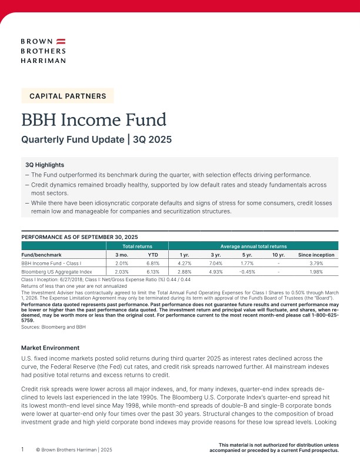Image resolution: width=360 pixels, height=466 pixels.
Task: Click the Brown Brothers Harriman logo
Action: click(x=43, y=51)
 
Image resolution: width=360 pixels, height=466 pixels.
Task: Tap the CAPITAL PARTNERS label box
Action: click(x=68, y=96)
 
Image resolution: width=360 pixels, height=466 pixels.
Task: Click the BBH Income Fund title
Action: click(x=94, y=119)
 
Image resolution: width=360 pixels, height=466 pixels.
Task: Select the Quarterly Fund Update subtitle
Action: click(x=96, y=141)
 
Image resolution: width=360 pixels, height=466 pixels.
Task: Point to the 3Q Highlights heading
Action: click(x=45, y=165)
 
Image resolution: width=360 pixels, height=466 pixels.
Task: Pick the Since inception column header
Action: click(x=316, y=255)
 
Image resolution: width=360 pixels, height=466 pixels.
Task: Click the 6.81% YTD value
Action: click(x=153, y=264)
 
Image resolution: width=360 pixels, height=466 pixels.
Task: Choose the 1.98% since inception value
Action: click(x=316, y=273)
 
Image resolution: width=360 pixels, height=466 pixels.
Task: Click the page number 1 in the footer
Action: click(x=22, y=449)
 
